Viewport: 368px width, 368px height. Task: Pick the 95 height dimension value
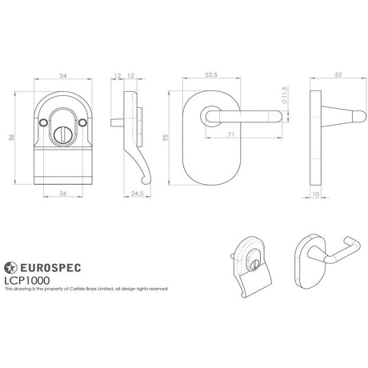(x=166, y=137)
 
